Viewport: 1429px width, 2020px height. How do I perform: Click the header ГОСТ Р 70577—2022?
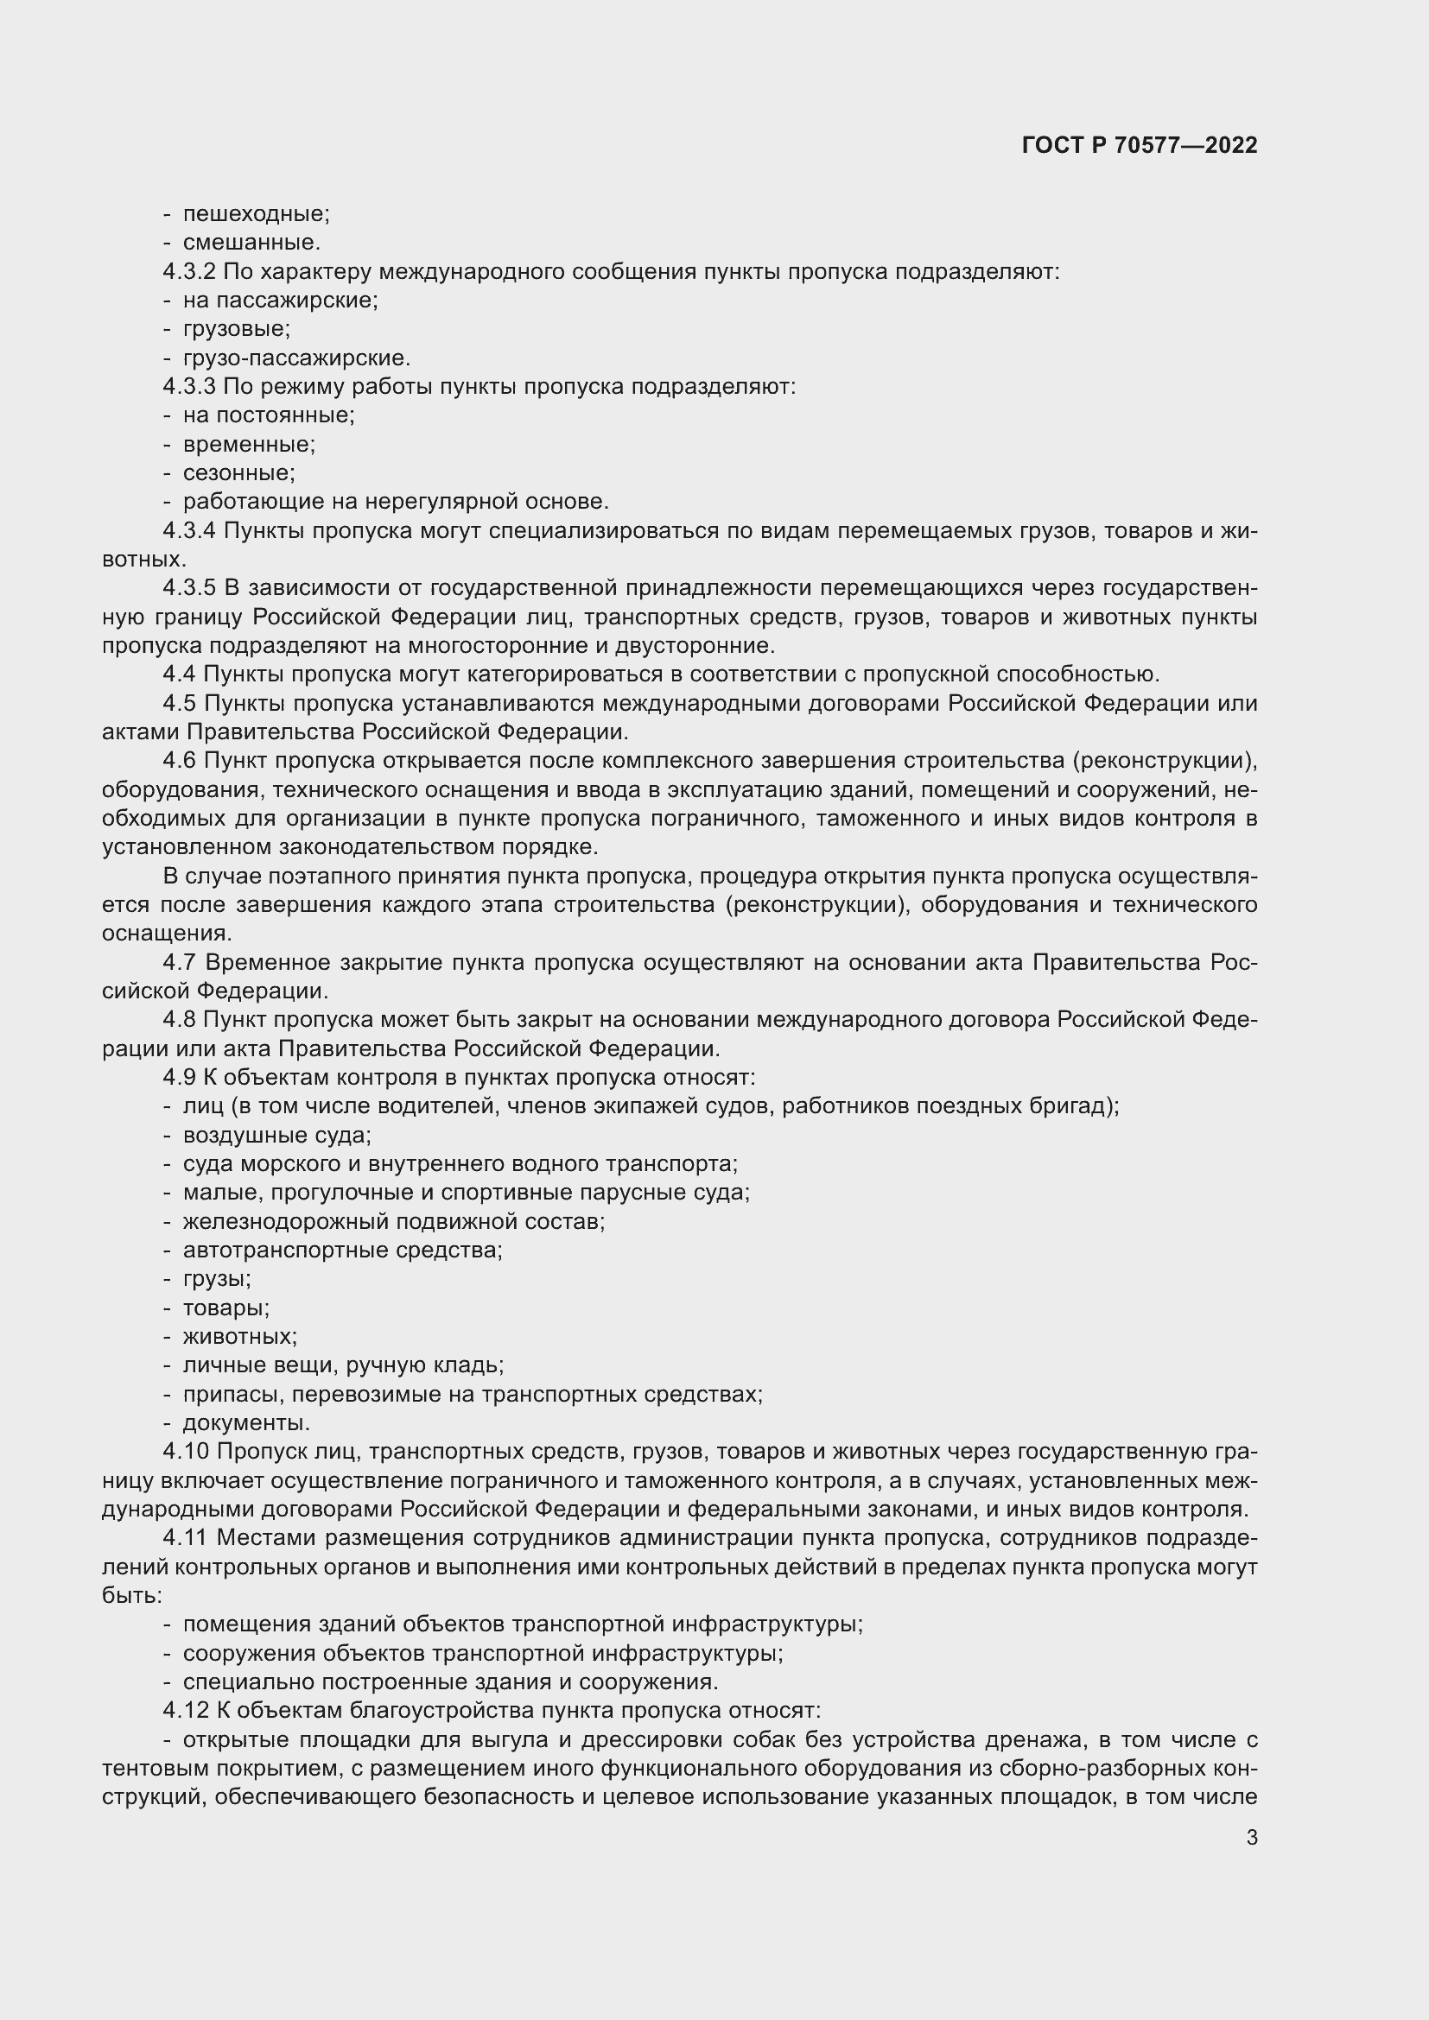click(1140, 145)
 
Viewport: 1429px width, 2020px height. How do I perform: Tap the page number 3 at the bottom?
click(1251, 1838)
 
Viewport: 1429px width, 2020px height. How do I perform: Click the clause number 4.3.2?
click(189, 272)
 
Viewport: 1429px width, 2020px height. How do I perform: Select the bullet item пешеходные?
click(255, 214)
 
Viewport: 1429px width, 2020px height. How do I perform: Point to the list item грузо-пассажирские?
click(296, 358)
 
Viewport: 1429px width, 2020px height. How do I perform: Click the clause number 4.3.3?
click(189, 387)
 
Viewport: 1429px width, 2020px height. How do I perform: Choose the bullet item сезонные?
click(238, 473)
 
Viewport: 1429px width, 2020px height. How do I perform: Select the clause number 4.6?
click(180, 761)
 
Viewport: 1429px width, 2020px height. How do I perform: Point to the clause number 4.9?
click(180, 1079)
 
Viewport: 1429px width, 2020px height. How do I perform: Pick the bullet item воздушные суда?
click(276, 1136)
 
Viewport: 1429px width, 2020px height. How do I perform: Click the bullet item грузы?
click(217, 1279)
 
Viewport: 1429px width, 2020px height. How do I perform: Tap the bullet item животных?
click(239, 1337)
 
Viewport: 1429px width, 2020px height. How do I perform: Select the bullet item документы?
click(245, 1423)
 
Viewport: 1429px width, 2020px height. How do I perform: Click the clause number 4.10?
click(186, 1453)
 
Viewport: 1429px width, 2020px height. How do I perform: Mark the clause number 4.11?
click(185, 1539)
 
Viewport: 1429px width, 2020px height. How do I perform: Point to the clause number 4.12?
click(186, 1711)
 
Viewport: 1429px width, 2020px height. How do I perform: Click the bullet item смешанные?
click(251, 243)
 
